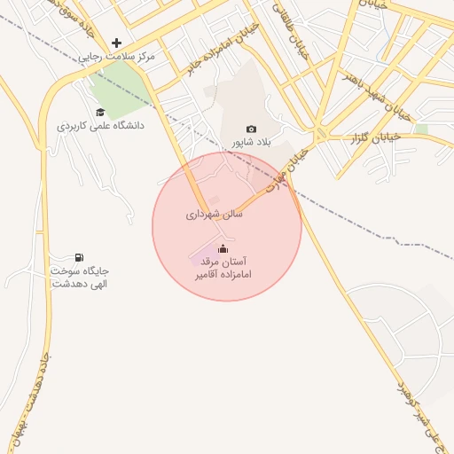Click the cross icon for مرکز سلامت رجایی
pyautogui.click(x=116, y=43)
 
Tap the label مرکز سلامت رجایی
pyautogui.click(x=115, y=56)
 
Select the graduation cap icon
pyautogui.click(x=100, y=112)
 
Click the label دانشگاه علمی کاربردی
pyautogui.click(x=100, y=126)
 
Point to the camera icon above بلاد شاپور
pyautogui.click(x=251, y=129)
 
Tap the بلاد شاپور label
pyautogui.click(x=250, y=142)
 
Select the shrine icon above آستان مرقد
pyautogui.click(x=222, y=248)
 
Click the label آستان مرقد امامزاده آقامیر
pyautogui.click(x=223, y=268)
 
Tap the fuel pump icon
pyautogui.click(x=81, y=257)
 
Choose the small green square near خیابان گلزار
pyautogui.click(x=421, y=129)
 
